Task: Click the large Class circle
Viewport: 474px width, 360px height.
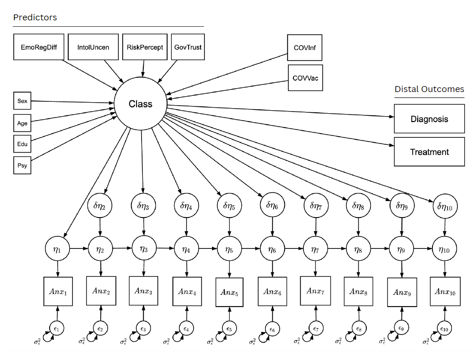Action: pos(140,104)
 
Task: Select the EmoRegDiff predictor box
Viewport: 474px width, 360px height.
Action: pos(39,47)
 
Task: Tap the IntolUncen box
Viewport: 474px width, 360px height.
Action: pos(93,47)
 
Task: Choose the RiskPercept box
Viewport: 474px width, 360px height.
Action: pos(145,47)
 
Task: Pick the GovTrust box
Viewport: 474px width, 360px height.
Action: pos(188,47)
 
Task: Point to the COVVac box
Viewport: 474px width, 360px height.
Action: pos(305,78)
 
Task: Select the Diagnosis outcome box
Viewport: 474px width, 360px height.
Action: pos(429,119)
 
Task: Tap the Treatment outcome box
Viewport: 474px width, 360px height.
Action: pos(429,151)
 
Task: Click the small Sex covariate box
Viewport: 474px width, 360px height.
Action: pos(22,101)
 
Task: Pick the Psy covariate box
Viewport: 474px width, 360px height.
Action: pos(22,165)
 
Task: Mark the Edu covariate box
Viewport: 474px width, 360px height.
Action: pos(22,144)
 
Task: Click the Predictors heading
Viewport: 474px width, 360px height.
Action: pos(35,17)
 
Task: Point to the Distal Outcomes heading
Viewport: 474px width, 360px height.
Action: pos(429,89)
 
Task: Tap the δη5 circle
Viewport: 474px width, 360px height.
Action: pos(229,207)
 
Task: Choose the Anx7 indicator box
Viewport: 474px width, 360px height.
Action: pos(315,291)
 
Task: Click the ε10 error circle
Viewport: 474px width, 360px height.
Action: pos(444,328)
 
